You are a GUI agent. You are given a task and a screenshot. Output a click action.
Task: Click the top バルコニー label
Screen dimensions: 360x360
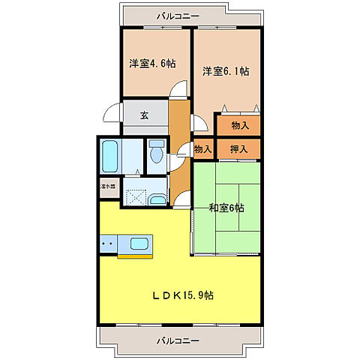[x=178, y=14]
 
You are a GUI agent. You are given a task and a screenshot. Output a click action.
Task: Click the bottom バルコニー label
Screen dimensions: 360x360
[x=178, y=340]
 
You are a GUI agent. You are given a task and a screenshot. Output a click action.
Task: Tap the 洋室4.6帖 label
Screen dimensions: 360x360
[x=152, y=64]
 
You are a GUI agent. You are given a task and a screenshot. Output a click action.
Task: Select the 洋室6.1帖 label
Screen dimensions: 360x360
[x=226, y=71]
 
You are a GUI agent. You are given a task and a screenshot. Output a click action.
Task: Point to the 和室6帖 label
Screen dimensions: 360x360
[x=226, y=208]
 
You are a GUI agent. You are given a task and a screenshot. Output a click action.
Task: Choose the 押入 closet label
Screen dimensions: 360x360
[x=239, y=148]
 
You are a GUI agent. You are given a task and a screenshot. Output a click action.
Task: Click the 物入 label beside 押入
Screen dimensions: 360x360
[x=202, y=149]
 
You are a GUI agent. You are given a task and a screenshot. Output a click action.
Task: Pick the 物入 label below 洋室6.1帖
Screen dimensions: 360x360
[x=239, y=124]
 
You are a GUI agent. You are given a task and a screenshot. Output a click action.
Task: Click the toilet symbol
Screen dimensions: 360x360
[x=156, y=153]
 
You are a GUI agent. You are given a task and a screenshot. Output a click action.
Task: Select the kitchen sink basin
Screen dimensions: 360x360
[x=140, y=243]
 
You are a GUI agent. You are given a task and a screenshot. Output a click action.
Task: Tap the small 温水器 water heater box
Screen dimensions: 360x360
[x=107, y=185]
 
